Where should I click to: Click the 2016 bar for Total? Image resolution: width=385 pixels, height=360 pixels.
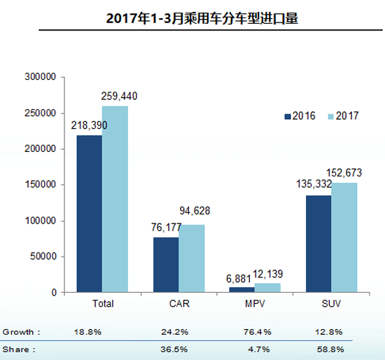[x=89, y=214]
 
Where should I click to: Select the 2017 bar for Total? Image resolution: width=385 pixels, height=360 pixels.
[x=114, y=199]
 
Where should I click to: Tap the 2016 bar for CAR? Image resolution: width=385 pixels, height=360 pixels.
[x=165, y=265]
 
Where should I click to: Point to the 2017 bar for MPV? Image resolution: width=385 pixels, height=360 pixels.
[x=267, y=287]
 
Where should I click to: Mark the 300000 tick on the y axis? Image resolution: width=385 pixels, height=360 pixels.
[x=40, y=77]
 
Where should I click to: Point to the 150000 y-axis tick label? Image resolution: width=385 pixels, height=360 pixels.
[x=40, y=185]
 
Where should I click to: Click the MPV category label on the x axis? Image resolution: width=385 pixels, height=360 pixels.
[x=255, y=303]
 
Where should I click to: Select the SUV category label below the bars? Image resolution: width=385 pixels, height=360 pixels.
[x=331, y=303]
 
